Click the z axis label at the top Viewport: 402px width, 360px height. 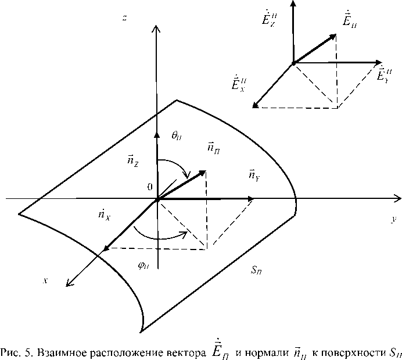pyautogui.click(x=125, y=18)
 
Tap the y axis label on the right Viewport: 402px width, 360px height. pyautogui.click(x=393, y=219)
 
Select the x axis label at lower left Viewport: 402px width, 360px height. pyautogui.click(x=45, y=280)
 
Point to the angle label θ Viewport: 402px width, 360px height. pyautogui.click(x=177, y=136)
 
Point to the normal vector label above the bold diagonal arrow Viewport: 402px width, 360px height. pyautogui.click(x=214, y=149)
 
